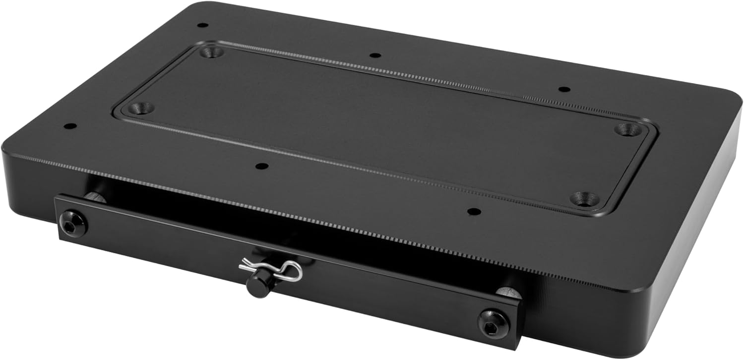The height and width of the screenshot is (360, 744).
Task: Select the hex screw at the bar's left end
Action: pos(73,224)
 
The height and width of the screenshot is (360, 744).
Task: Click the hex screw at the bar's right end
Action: pos(494,323)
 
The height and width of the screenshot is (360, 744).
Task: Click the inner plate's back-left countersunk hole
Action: pos(212,51)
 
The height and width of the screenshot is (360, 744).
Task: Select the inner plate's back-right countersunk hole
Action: pos(627,130)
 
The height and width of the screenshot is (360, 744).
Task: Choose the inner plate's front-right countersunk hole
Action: pos(583,198)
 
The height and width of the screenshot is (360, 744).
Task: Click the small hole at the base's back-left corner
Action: pos(202,25)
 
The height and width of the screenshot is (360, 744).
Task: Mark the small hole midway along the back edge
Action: pos(375,55)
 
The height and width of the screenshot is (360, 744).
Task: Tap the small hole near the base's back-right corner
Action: pos(564,89)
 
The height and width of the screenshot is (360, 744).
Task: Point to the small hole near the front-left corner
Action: pos(70,126)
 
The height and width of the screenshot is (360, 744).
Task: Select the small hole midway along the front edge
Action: pos(262,166)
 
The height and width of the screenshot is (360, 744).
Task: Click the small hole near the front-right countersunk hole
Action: pos(475,211)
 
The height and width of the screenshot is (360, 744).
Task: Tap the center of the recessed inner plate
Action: pos(382,124)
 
